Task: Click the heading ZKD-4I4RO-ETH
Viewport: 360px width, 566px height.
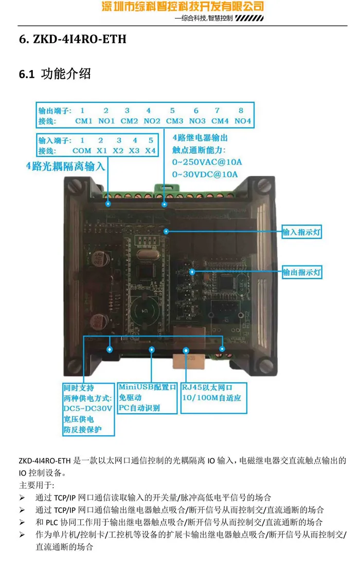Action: (x=73, y=39)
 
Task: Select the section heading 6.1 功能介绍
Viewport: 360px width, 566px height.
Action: (x=55, y=74)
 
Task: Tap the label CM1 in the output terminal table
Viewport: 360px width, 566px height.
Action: (x=83, y=121)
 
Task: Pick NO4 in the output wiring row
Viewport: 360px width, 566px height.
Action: (x=243, y=121)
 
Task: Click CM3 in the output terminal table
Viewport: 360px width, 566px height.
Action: (x=174, y=121)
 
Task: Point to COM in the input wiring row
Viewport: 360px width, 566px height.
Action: (x=81, y=151)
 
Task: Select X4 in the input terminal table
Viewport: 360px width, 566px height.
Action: (x=150, y=151)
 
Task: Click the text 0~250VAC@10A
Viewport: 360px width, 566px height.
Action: (x=207, y=163)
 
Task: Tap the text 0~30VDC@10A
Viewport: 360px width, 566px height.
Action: (x=205, y=174)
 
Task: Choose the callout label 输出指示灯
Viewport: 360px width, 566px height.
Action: (x=301, y=272)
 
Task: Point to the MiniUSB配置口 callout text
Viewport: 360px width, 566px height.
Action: (x=147, y=387)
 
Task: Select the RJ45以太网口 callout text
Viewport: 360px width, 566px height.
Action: (x=208, y=387)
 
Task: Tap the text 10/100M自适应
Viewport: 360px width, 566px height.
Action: (x=211, y=398)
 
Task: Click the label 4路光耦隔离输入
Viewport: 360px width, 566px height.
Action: (x=66, y=166)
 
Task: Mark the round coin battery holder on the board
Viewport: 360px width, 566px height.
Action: (x=145, y=309)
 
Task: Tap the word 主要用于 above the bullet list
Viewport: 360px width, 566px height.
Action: (x=36, y=485)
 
